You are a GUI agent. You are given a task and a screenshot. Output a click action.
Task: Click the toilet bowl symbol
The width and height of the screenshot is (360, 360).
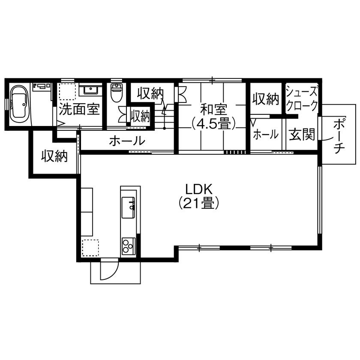(x=117, y=93)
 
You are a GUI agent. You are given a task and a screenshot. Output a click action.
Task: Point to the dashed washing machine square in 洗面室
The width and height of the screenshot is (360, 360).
(x=67, y=91)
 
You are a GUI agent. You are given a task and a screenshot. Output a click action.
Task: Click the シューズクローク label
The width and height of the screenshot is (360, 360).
(x=302, y=99)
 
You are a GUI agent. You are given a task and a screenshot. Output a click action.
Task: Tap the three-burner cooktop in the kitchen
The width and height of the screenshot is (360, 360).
(x=128, y=246)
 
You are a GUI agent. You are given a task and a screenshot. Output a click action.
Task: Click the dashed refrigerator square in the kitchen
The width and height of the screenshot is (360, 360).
(x=90, y=247)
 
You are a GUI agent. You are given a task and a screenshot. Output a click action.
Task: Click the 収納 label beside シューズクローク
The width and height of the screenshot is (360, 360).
(x=265, y=99)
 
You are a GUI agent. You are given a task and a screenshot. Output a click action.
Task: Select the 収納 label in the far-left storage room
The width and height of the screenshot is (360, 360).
(x=54, y=156)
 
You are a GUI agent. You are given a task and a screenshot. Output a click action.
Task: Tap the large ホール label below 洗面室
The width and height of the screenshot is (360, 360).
(x=126, y=141)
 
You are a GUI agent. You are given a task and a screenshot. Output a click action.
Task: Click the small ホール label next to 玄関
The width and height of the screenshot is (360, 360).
(x=265, y=135)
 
